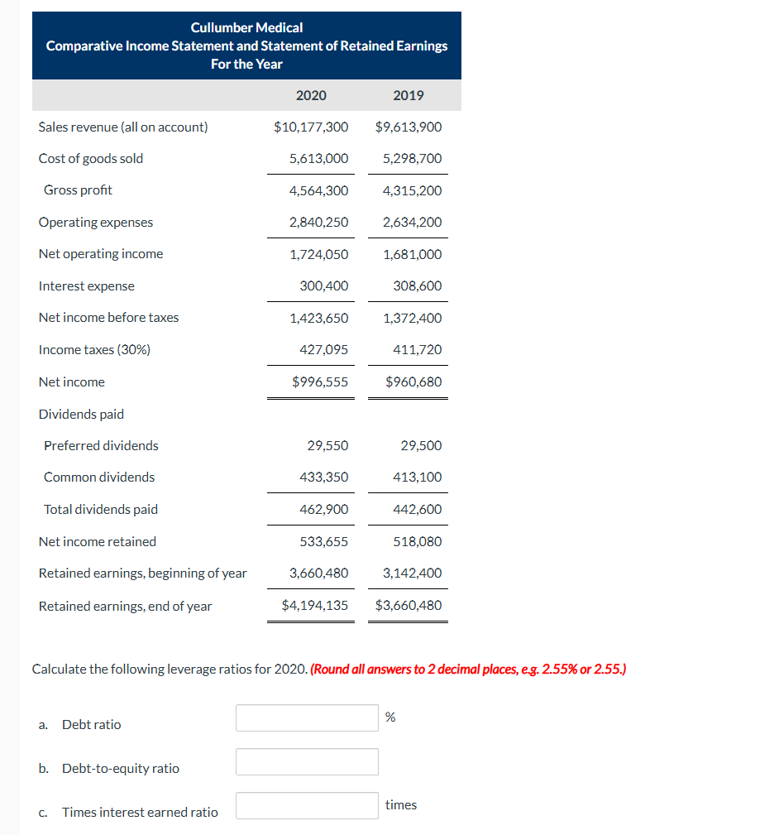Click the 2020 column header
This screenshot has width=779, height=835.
coord(311,95)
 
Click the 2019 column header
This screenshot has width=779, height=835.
coord(409,95)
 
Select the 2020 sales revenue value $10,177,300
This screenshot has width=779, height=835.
coord(311,127)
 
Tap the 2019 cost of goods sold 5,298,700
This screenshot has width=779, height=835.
coord(413,158)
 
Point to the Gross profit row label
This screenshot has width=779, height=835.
coord(78,190)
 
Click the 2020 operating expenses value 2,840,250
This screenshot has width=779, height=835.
coord(318,222)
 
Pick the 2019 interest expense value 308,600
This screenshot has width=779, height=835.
coord(418,286)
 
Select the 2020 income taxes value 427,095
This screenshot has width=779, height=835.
coord(323,349)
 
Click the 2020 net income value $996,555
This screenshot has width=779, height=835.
coord(320,382)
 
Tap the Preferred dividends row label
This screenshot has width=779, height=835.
coord(101,445)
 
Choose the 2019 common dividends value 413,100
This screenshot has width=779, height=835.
coord(418,477)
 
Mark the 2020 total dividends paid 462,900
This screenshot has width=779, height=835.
coord(323,509)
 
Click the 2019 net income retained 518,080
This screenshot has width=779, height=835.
coord(418,541)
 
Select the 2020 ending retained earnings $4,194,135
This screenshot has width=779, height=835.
coord(315,605)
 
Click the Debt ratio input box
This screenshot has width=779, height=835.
coord(307,717)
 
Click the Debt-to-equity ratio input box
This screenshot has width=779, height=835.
coord(307,761)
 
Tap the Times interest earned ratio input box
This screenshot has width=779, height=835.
coord(307,805)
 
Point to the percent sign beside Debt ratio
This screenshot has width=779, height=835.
coord(390,717)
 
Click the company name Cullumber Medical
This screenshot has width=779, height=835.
coord(246,28)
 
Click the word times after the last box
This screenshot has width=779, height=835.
coord(401,804)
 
